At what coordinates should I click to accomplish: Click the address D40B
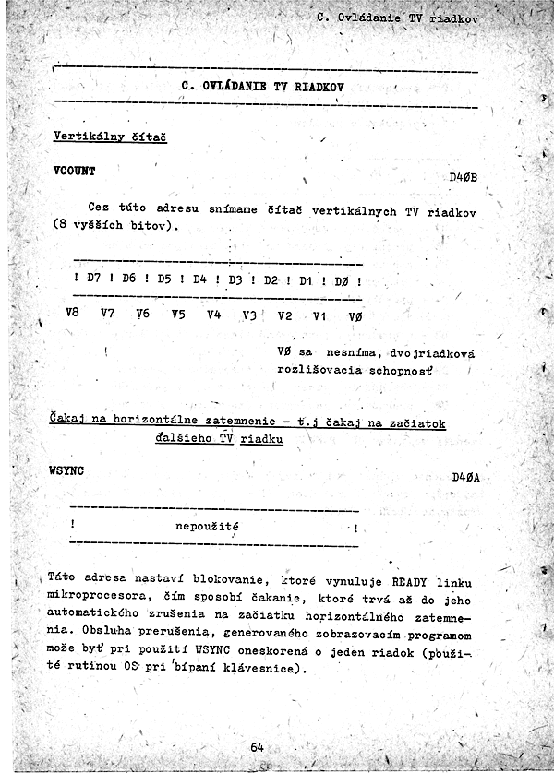[x=463, y=177]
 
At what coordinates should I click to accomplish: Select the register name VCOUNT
[x=75, y=171]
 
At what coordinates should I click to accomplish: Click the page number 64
[x=257, y=747]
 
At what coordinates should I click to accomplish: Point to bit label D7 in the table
[x=93, y=278]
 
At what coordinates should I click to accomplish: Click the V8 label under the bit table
[x=72, y=313]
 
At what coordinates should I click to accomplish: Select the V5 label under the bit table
[x=178, y=315]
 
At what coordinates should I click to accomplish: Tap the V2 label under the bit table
[x=284, y=316]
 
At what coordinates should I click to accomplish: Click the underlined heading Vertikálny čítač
[x=103, y=137]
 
